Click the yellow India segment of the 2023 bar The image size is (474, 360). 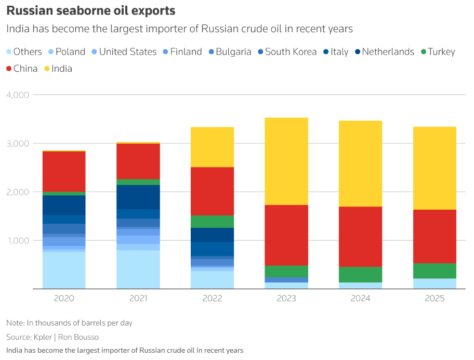[286, 161]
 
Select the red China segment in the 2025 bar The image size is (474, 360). [434, 236]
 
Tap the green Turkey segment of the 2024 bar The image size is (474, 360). [360, 275]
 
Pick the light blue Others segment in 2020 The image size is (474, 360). [64, 270]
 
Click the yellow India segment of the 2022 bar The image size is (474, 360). [213, 147]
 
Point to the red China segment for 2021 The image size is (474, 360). [138, 161]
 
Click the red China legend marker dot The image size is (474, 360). [9, 69]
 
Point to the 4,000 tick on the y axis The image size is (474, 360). [18, 95]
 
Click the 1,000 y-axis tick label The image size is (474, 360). [18, 240]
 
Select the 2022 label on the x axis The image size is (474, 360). [213, 299]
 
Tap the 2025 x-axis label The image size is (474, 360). [434, 299]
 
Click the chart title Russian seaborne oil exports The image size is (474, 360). [90, 10]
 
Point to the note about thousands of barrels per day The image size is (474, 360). [69, 323]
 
